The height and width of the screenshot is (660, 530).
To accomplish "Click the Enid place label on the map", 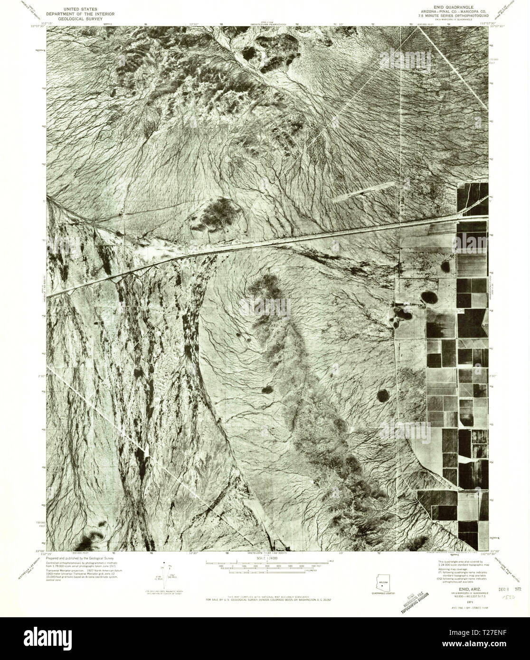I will click(229, 242).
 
